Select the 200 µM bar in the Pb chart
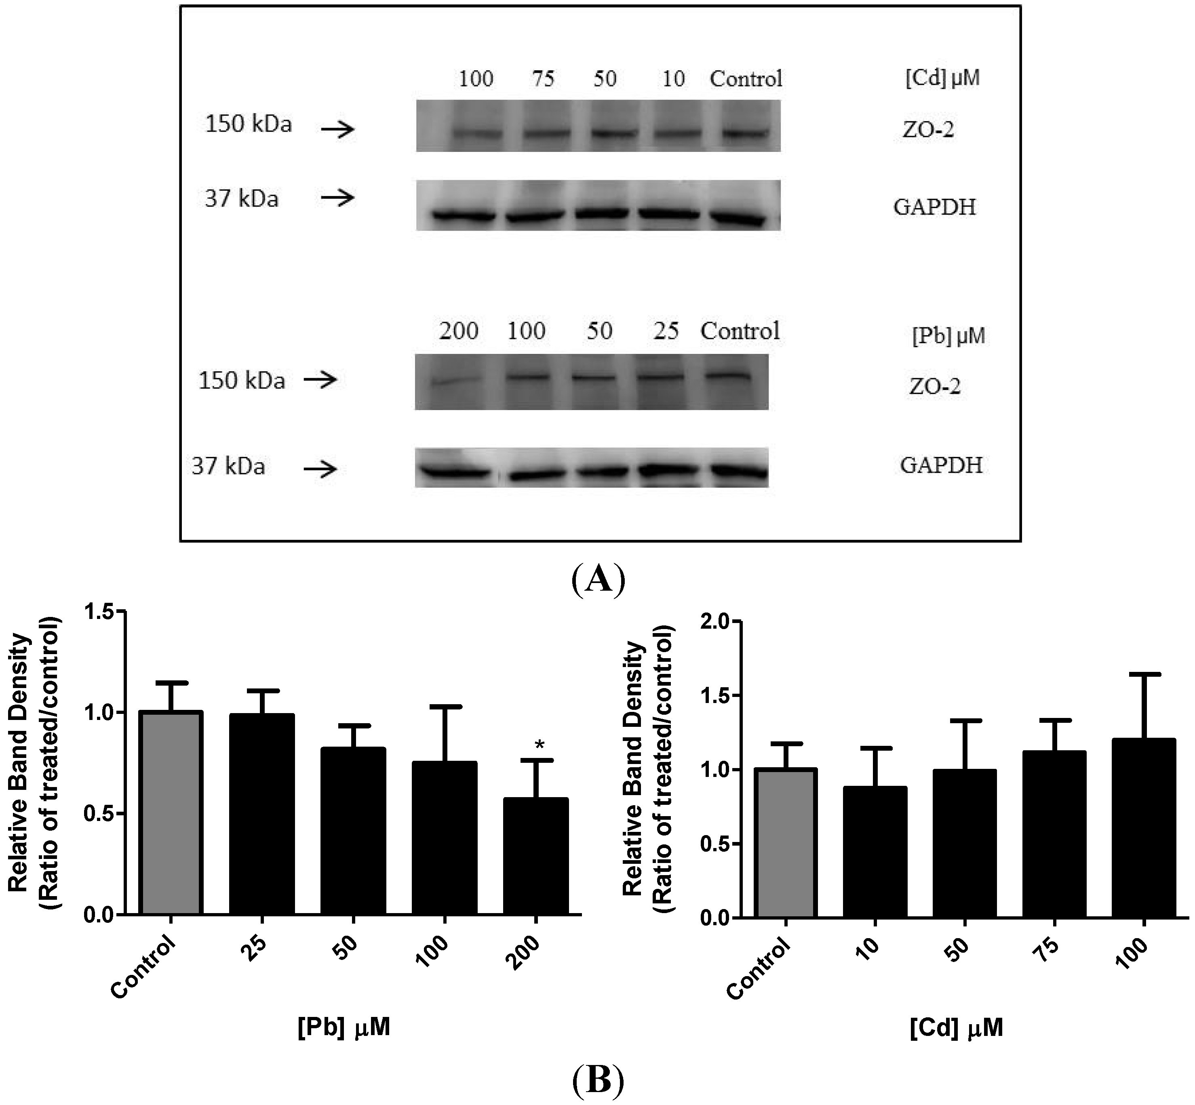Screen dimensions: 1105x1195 tap(535, 856)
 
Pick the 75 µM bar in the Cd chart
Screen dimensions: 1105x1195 tap(1054, 865)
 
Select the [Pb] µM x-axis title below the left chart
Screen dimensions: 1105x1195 tap(344, 1027)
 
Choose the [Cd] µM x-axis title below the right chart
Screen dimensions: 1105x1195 tap(956, 1027)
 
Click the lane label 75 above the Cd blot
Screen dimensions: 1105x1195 tap(543, 79)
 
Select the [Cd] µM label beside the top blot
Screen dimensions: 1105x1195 tap(942, 78)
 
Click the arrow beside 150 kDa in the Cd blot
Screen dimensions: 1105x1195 tap(338, 129)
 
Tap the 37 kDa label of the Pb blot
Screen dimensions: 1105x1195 tap(228, 466)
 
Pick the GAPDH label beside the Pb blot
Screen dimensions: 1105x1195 tap(941, 465)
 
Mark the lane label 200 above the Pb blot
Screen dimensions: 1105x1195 tap(459, 331)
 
